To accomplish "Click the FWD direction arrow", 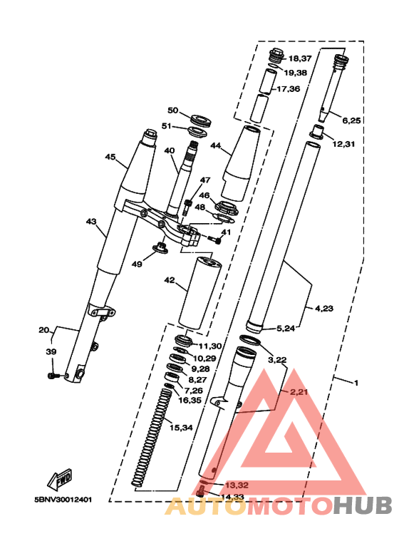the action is (x=60, y=479).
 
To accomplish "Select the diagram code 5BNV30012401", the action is (x=63, y=500).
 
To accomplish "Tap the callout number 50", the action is (x=173, y=110).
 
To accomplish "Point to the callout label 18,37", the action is (x=300, y=58).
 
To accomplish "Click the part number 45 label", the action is (x=110, y=157).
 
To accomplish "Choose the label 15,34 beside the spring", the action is (x=181, y=428).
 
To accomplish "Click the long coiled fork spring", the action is (x=152, y=438).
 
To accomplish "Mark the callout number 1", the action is (x=356, y=383).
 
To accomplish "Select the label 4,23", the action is (x=324, y=309).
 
